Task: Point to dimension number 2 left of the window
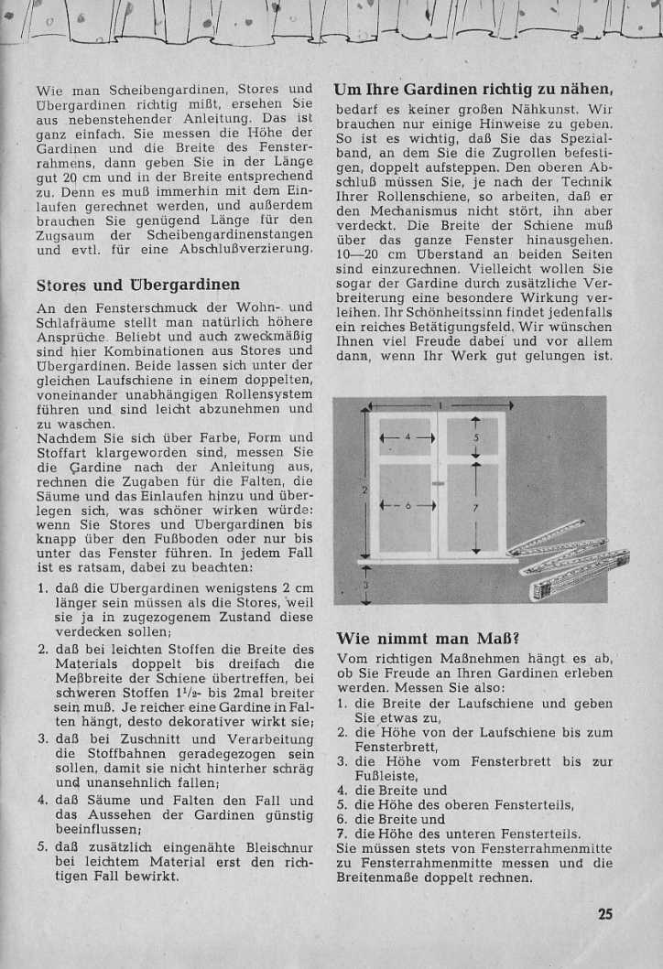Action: pos(364,491)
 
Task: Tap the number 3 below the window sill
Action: pos(364,584)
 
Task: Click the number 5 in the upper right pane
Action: pos(475,437)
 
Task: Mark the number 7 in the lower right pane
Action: pos(475,505)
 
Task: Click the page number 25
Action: pos(605,913)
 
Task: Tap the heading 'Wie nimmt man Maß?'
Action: pos(415,638)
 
